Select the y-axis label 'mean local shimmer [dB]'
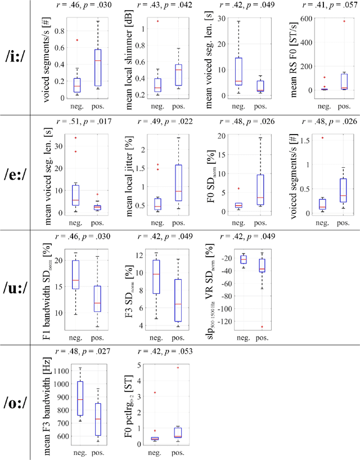pos(129,58)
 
